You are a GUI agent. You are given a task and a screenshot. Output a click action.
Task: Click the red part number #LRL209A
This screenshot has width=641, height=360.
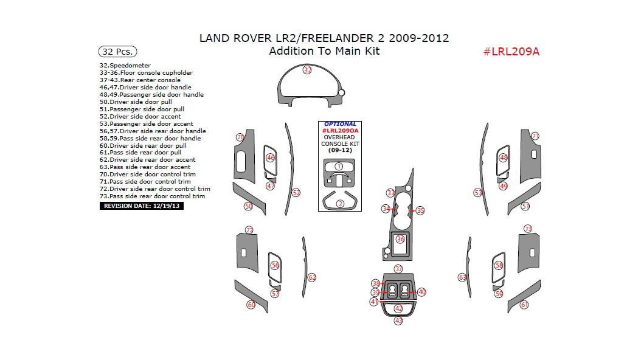click(x=511, y=51)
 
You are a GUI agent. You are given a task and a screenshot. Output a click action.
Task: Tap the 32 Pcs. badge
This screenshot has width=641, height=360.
click(x=117, y=52)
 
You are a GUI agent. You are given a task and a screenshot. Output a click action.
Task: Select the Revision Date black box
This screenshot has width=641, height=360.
click(x=141, y=206)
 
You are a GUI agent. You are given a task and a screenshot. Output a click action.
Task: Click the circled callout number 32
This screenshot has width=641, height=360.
click(x=308, y=70)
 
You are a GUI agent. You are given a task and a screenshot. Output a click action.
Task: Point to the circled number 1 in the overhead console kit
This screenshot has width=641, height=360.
click(x=339, y=166)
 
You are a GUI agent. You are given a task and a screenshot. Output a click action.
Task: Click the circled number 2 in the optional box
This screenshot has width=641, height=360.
click(x=341, y=204)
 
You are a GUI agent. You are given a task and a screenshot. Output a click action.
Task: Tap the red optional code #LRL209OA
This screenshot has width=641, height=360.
click(x=340, y=131)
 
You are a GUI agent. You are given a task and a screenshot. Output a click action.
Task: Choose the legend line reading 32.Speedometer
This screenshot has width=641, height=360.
click(x=125, y=65)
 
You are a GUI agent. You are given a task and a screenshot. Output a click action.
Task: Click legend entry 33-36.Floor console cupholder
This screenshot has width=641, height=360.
click(x=146, y=72)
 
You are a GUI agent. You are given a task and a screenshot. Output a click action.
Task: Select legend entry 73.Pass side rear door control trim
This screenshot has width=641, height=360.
click(x=152, y=196)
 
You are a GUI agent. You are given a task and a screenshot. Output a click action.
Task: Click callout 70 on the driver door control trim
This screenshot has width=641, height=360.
click(x=240, y=137)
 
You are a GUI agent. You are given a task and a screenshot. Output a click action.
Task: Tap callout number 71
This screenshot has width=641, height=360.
click(x=535, y=136)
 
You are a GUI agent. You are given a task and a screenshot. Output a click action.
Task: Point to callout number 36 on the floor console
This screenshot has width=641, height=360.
click(x=400, y=240)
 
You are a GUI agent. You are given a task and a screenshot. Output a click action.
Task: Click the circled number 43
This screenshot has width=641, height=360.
click(x=398, y=320)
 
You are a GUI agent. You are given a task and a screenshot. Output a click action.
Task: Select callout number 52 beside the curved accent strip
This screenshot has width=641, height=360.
click(x=296, y=193)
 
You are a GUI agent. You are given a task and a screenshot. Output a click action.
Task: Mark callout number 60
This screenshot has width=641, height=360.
click(x=251, y=305)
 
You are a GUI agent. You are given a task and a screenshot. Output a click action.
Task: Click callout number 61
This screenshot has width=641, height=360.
click(x=524, y=305)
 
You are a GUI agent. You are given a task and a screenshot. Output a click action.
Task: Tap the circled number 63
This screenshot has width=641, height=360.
click(x=462, y=277)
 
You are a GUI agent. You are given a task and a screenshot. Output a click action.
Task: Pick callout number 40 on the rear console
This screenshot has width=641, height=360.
click(x=422, y=292)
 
